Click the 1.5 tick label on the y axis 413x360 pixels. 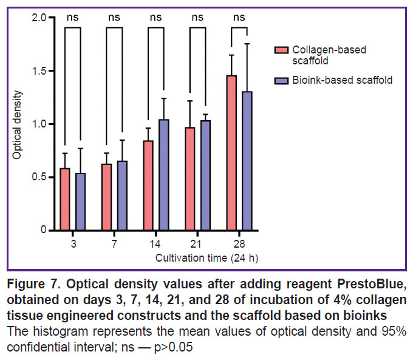40,71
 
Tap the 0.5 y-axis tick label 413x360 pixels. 40,177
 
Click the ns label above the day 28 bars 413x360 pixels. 239,17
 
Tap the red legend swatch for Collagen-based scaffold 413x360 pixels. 281,49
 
